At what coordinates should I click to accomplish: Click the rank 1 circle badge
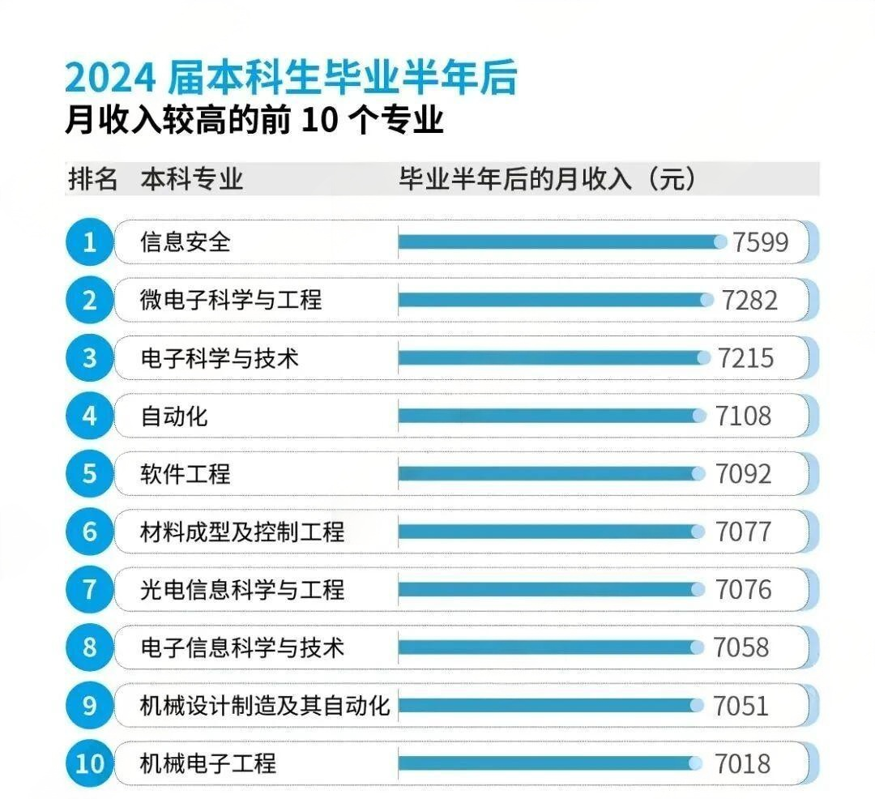(89, 242)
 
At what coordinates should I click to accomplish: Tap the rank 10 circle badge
(89, 763)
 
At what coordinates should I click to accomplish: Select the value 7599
(760, 242)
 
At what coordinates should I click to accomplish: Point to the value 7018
(742, 763)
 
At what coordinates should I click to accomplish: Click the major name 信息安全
(186, 242)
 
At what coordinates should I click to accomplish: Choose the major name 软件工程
(186, 474)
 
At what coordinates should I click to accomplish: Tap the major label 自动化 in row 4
(174, 417)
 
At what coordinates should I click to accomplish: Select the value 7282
(750, 301)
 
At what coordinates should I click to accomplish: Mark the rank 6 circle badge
(89, 532)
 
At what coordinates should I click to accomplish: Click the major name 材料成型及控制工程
(242, 532)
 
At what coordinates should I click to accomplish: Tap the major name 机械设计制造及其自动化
(265, 706)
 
